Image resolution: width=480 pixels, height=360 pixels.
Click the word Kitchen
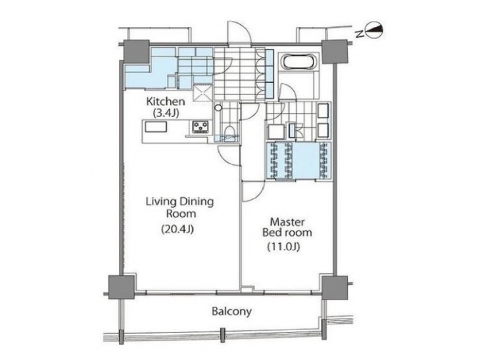pyautogui.click(x=165, y=102)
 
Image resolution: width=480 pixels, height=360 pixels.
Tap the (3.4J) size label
pyautogui.click(x=166, y=113)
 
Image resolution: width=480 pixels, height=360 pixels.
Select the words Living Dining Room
pyautogui.click(x=180, y=208)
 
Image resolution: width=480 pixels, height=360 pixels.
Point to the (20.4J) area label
pyautogui.click(x=178, y=229)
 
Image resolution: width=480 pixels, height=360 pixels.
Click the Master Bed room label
pyautogui.click(x=287, y=227)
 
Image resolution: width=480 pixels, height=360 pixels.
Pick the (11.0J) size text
pyautogui.click(x=283, y=246)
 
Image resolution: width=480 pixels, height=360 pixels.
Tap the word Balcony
pyautogui.click(x=231, y=311)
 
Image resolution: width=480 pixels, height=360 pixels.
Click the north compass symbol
pyautogui.click(x=372, y=30)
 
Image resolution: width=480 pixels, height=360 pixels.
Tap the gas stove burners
pyautogui.click(x=201, y=127)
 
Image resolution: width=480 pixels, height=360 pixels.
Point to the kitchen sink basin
pyautogui.click(x=156, y=127)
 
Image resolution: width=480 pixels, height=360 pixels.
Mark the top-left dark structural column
pyautogui.click(x=137, y=51)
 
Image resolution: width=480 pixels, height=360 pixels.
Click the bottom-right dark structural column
pyautogui.click(x=334, y=287)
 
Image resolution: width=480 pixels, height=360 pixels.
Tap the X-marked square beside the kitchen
pyautogui.click(x=203, y=93)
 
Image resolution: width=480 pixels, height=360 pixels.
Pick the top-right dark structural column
pyautogui.click(x=335, y=51)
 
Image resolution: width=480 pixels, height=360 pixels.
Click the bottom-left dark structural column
pyautogui.click(x=122, y=287)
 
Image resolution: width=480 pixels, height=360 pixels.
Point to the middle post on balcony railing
pyautogui.click(x=222, y=335)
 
